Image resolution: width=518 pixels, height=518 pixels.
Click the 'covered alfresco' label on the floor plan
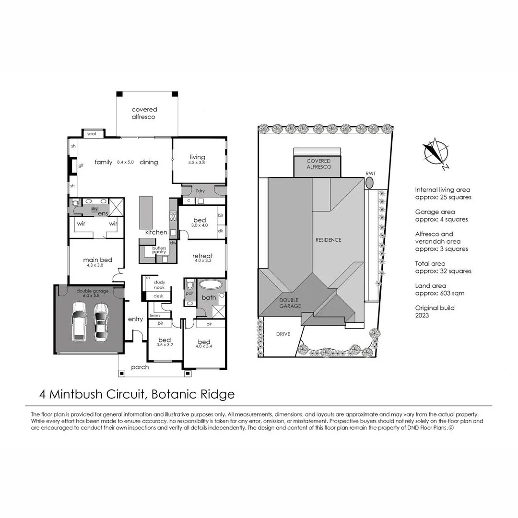144,113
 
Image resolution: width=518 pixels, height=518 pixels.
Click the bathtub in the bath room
211,284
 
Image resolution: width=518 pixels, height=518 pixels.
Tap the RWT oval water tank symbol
370,183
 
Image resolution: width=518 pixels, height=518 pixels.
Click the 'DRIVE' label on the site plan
283,334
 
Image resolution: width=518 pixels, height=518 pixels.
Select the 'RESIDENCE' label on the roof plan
328,240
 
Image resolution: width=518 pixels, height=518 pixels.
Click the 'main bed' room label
97,260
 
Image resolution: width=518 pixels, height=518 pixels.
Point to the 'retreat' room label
202,256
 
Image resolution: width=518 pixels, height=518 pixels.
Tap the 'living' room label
197,157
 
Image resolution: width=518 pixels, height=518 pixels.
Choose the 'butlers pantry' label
159,250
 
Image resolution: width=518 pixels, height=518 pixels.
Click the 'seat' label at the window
92,134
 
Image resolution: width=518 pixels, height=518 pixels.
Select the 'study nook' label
159,285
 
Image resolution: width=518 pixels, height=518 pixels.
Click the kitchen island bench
146,212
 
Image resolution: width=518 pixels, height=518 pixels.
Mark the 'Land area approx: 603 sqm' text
439,290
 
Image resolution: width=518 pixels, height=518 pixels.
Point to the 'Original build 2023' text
435,312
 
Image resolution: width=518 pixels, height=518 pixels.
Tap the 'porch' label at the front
140,367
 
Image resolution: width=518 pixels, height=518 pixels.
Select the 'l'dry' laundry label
200,190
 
